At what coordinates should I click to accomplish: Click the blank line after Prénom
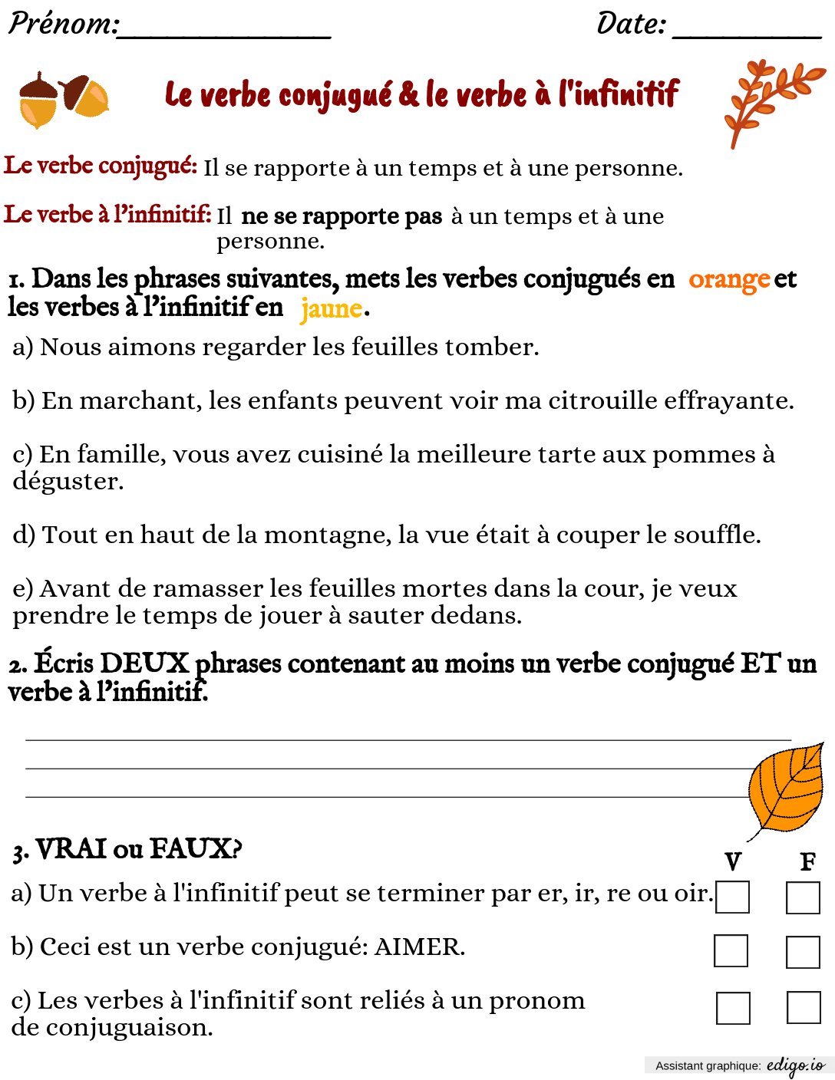(x=224, y=34)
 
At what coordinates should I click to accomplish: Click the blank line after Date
(x=746, y=34)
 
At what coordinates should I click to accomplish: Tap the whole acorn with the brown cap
(x=38, y=100)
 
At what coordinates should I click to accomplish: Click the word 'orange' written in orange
(x=728, y=280)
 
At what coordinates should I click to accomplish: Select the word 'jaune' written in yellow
(x=331, y=308)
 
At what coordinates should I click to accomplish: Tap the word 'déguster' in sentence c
(x=67, y=482)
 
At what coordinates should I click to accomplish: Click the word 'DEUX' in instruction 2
(x=144, y=663)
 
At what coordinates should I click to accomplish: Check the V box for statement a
(x=732, y=897)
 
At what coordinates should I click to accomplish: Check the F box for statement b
(x=803, y=952)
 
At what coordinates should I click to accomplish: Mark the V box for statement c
(x=733, y=1008)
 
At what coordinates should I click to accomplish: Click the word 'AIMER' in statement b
(x=418, y=947)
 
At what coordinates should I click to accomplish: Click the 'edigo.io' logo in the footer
(x=795, y=1065)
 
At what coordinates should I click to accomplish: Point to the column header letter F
(x=807, y=862)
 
